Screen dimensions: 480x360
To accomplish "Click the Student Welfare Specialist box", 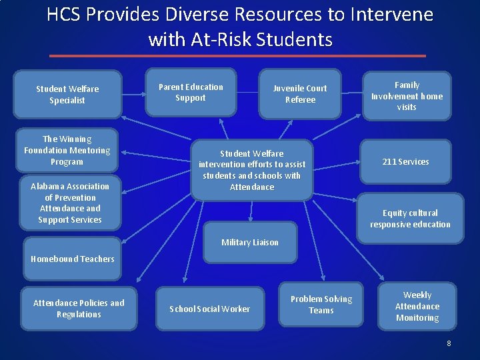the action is [67, 95].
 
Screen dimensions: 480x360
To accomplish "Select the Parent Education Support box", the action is [191, 93].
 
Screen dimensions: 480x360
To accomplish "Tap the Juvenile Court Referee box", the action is [300, 94].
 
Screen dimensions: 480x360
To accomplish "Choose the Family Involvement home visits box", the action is [407, 96].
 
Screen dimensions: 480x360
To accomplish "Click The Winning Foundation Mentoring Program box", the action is [67, 150].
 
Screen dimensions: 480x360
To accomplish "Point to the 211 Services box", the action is [405, 162].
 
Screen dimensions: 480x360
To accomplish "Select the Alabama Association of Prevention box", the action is [70, 203].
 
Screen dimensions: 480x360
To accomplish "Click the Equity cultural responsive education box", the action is [410, 219].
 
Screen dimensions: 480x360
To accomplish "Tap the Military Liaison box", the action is [250, 242].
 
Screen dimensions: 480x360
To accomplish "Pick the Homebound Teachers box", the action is [73, 259].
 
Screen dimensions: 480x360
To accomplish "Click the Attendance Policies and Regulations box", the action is [79, 309].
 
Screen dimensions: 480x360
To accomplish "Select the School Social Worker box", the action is [210, 309].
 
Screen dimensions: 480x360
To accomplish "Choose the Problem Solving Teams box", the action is [321, 305].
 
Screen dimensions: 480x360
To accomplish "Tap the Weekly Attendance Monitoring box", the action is [417, 307].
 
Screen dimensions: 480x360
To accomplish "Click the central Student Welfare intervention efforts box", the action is [252, 170].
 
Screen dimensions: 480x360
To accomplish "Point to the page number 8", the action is [449, 343].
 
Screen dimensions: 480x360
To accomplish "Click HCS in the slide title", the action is [64, 15].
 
